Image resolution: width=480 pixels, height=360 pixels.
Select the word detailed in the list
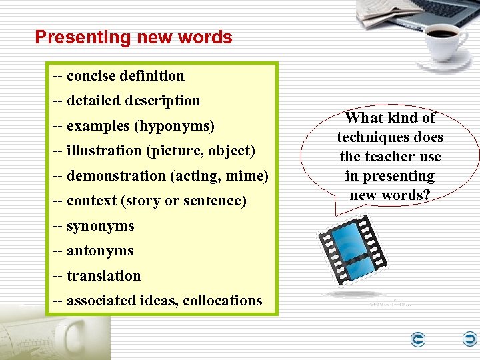[x=93, y=101]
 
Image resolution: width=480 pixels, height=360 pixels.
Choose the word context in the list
[x=90, y=201]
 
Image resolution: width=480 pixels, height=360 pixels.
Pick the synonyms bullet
[x=100, y=227]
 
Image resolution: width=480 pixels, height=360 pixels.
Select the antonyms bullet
[x=100, y=251]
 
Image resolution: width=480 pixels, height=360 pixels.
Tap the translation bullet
[x=103, y=276]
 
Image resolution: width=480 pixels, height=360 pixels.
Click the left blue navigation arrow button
[x=418, y=341]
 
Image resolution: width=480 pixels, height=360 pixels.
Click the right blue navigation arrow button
[x=470, y=340]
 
